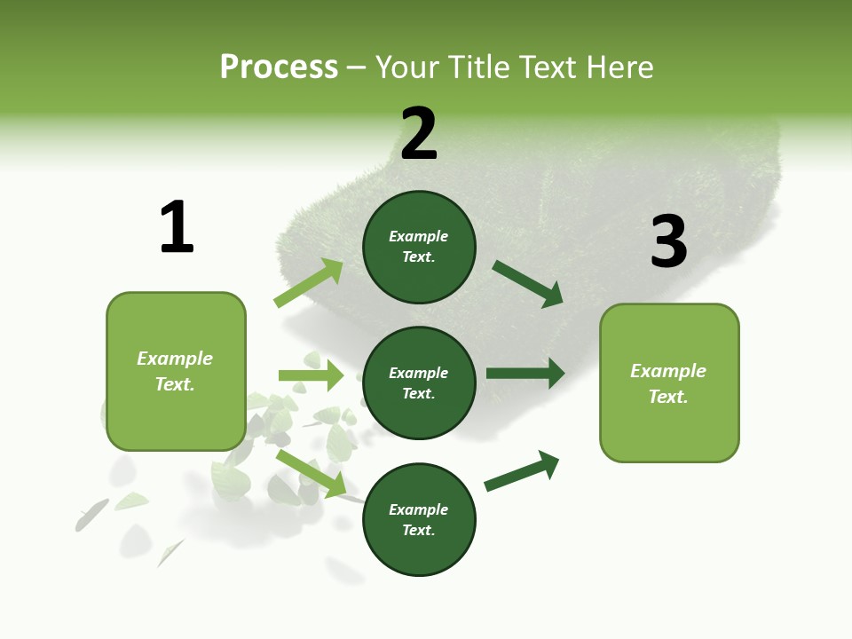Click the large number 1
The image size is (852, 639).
pos(177,227)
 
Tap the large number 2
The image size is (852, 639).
pos(419,134)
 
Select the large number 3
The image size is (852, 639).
pos(669,241)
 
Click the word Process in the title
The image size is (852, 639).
pos(279,67)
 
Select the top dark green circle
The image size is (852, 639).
pos(419,247)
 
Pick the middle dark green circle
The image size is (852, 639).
pos(419,383)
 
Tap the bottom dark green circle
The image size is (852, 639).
pos(419,519)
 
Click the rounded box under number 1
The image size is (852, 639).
pos(176,371)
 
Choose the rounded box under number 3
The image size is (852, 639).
pos(669,383)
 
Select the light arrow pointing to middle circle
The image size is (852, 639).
pos(311,375)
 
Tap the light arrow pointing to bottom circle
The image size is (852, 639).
pos(311,473)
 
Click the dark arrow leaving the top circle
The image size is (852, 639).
pos(528,283)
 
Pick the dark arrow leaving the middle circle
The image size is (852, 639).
pos(525,373)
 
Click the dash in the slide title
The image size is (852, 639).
pos(356,67)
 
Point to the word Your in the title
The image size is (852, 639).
pos(406,67)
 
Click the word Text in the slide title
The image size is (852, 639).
pos(548,67)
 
